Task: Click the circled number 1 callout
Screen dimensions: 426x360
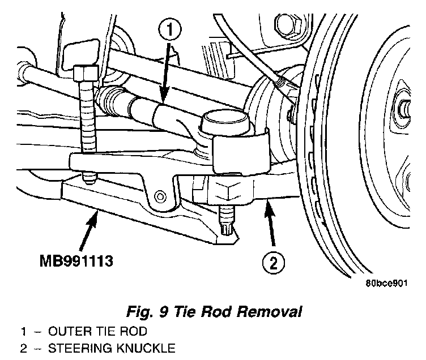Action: click(x=170, y=29)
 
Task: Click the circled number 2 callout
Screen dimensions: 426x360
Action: click(x=274, y=263)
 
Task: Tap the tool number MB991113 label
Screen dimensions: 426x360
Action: click(x=76, y=261)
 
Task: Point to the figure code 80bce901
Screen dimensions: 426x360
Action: click(x=386, y=284)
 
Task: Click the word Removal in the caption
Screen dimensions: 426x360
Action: click(x=269, y=311)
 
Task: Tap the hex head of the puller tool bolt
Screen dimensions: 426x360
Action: click(x=86, y=73)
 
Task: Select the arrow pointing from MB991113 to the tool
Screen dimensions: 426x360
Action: click(x=88, y=231)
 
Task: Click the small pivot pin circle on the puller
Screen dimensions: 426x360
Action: click(x=160, y=196)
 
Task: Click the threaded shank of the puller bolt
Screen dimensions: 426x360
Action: click(x=88, y=117)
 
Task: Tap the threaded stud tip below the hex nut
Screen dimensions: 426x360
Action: click(x=227, y=220)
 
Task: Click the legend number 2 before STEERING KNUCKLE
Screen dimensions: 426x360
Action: click(x=24, y=348)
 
